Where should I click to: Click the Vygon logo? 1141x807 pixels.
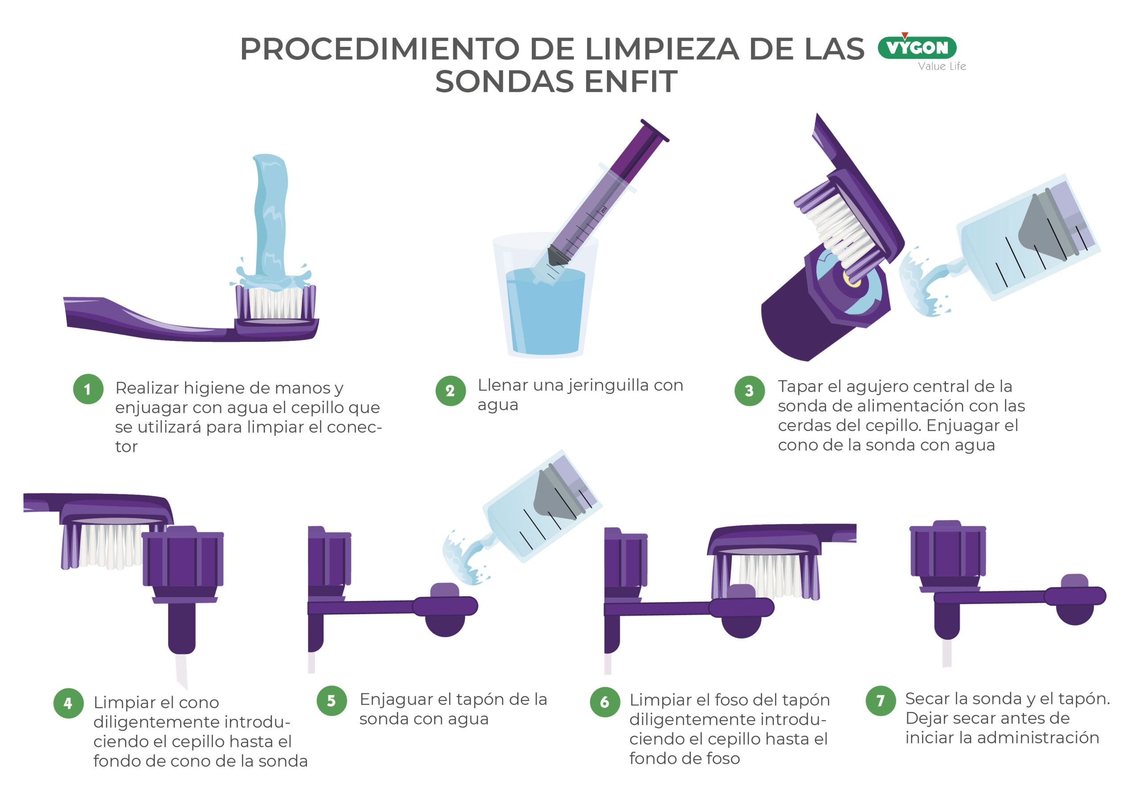pyautogui.click(x=917, y=47)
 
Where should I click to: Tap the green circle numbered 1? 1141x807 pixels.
pyautogui.click(x=88, y=389)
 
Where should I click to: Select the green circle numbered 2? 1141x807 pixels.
pyautogui.click(x=450, y=391)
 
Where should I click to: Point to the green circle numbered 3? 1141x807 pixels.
pyautogui.click(x=749, y=391)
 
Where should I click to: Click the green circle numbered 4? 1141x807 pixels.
pyautogui.click(x=69, y=703)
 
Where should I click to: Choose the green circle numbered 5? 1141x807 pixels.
pyautogui.click(x=332, y=700)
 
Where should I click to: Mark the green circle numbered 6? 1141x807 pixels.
pyautogui.click(x=605, y=702)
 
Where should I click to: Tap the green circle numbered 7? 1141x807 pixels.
pyautogui.click(x=881, y=700)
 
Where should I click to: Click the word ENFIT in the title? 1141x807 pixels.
pyautogui.click(x=631, y=82)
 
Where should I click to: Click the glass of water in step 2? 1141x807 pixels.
pyautogui.click(x=545, y=296)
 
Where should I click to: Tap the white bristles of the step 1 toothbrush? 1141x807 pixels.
pyautogui.click(x=275, y=303)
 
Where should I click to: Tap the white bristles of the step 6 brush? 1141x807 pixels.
pyautogui.click(x=770, y=577)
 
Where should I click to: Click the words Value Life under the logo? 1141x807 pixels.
pyautogui.click(x=942, y=66)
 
